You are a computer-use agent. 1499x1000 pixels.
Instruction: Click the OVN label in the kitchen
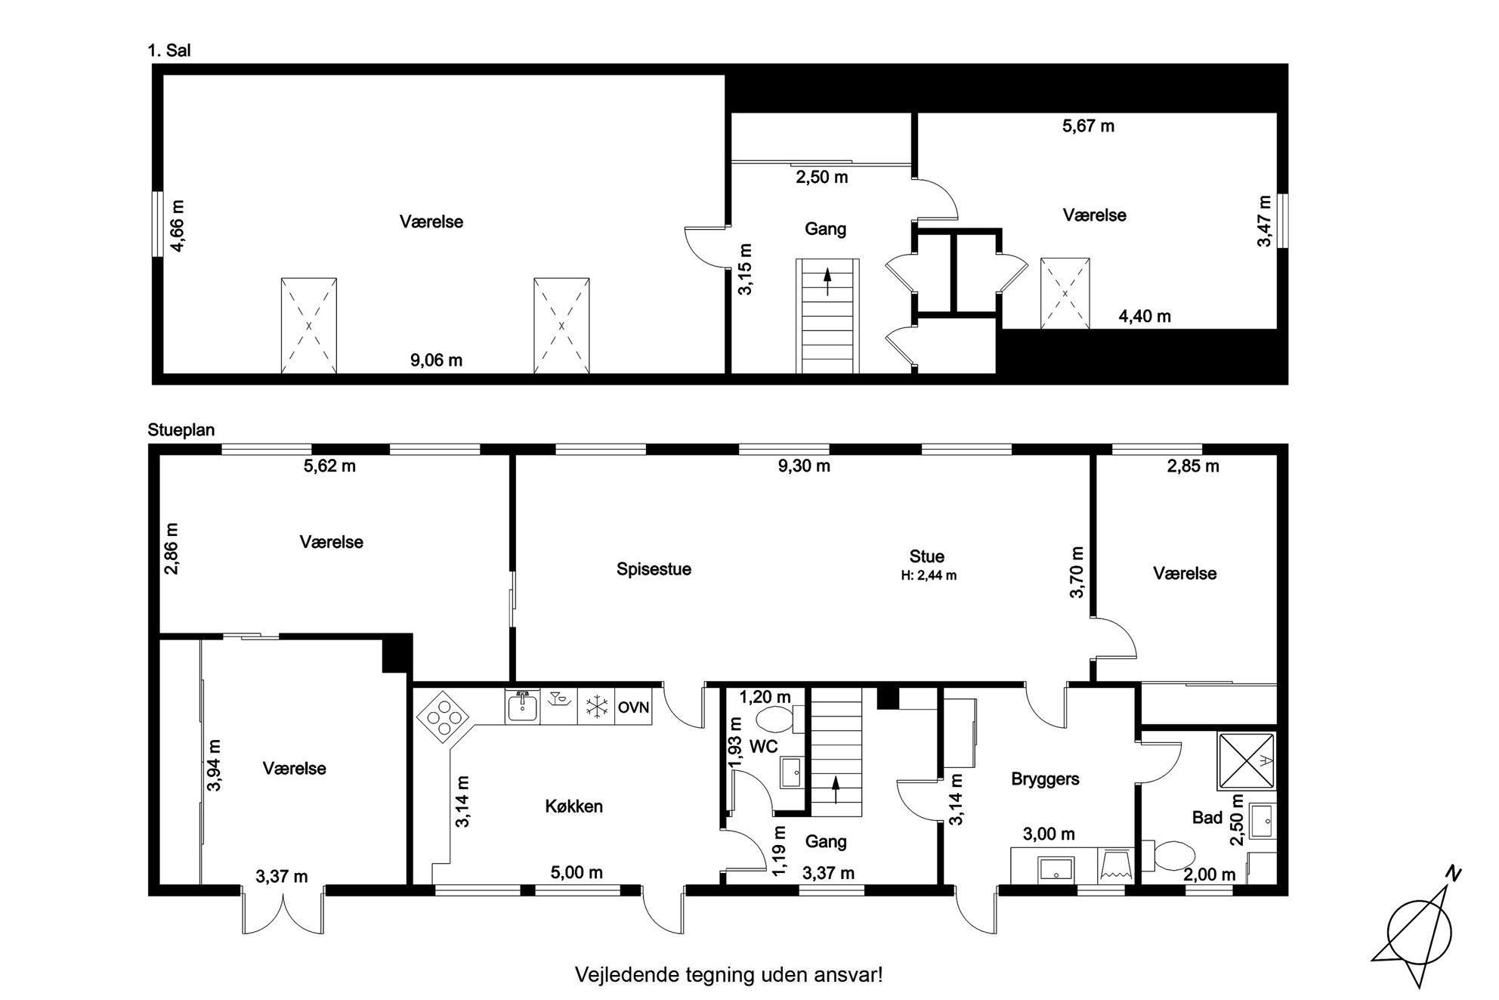pos(633,708)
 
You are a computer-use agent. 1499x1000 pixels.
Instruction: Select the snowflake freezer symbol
pos(597,707)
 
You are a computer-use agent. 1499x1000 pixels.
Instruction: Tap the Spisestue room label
pos(654,569)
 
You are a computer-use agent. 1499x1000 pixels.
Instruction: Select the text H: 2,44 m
pos(929,575)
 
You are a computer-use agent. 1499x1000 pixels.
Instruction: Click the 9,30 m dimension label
pos(804,466)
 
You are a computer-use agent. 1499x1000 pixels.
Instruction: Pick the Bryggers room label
pos(1045,779)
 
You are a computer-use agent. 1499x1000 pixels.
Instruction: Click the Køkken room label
pos(573,807)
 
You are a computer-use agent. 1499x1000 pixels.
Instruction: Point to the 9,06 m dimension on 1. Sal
pos(436,361)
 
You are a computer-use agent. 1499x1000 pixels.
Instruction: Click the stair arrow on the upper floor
pos(827,281)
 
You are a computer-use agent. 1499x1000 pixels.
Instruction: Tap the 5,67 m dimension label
pos(1088,126)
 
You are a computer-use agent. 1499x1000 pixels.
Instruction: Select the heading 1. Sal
pos(169,51)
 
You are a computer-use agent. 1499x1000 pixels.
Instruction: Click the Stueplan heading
pos(181,430)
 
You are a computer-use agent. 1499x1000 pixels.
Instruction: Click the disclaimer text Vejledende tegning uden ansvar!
pos(729,974)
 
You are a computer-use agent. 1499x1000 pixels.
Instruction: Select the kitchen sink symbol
pos(522,707)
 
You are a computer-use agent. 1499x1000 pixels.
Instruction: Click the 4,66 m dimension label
pos(176,224)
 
